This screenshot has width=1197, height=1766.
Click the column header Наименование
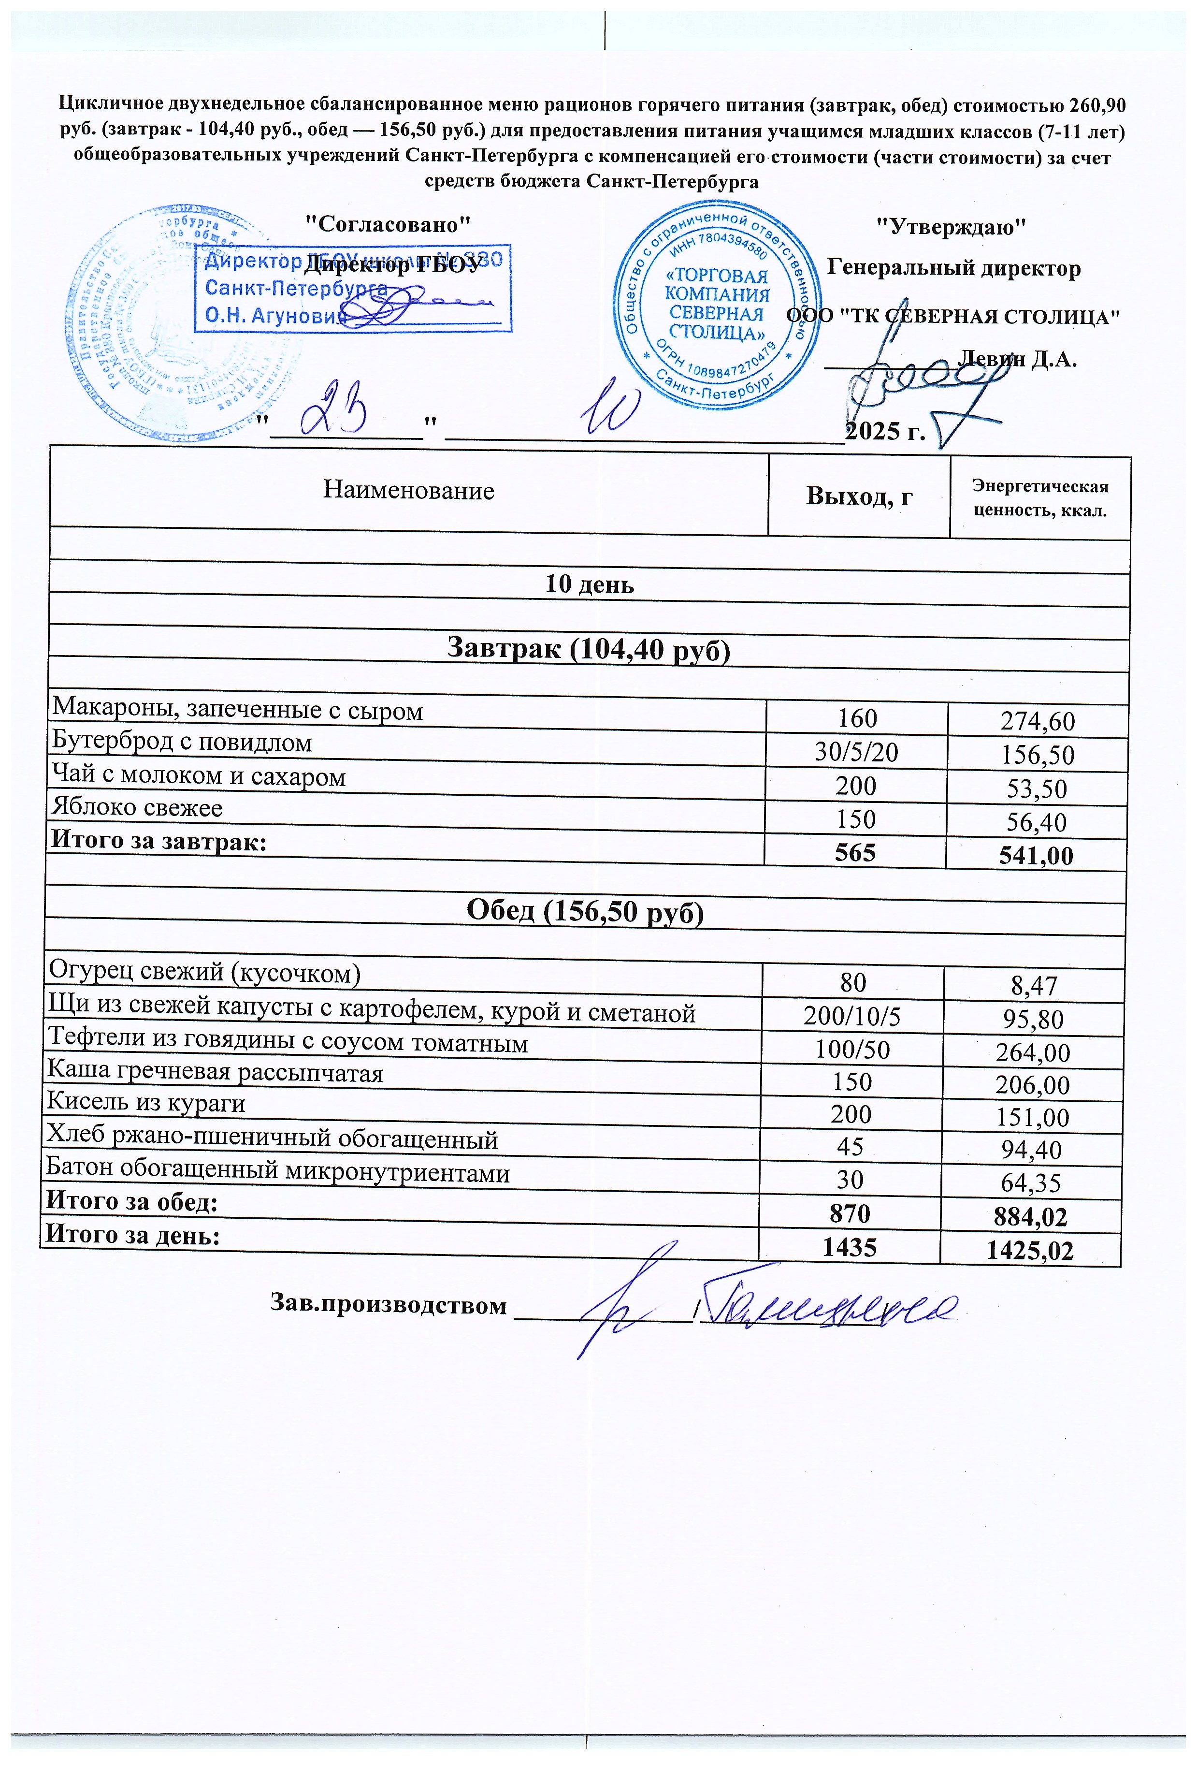[409, 491]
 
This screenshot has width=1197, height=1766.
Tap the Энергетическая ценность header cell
[1040, 498]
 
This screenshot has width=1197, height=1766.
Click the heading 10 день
[590, 584]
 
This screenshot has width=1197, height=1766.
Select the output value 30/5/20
[856, 752]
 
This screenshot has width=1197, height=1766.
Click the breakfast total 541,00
[1036, 856]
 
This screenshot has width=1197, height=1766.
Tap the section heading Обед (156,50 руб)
[585, 912]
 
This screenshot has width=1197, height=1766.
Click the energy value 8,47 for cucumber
[1035, 986]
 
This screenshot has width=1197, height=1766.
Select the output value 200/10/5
[852, 1017]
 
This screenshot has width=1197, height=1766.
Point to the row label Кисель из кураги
[146, 1103]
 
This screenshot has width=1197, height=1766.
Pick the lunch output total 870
[850, 1213]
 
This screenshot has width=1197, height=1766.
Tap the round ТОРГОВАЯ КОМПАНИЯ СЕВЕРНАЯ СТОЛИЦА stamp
[717, 304]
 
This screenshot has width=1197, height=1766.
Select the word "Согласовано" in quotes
[388, 224]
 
